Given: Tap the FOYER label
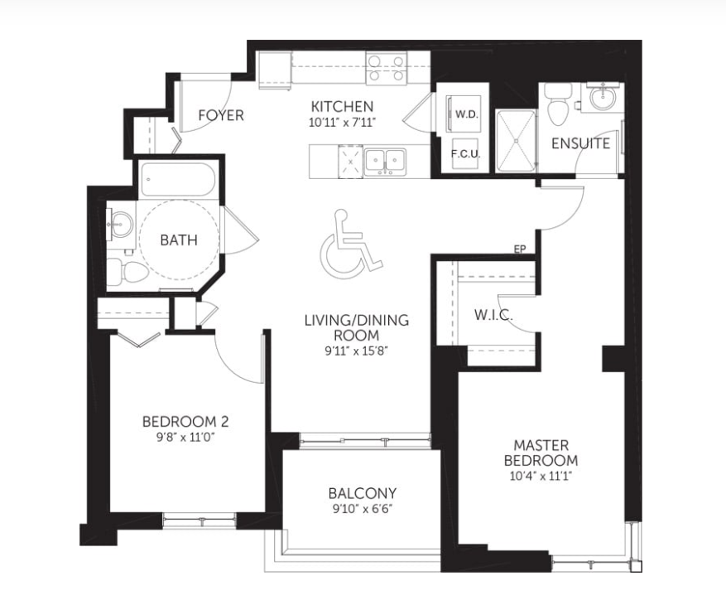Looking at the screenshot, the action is pyautogui.click(x=221, y=115).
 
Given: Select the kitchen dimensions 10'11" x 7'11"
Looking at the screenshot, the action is pyautogui.click(x=342, y=123).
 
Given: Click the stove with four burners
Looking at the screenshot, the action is pyautogui.click(x=386, y=69).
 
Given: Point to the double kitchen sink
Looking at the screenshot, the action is pyautogui.click(x=385, y=161).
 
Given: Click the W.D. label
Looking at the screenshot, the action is pyautogui.click(x=466, y=114).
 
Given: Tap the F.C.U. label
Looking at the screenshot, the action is pyautogui.click(x=466, y=154).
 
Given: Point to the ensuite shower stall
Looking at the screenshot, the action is pyautogui.click(x=516, y=141).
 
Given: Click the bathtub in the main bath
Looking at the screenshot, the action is pyautogui.click(x=178, y=179).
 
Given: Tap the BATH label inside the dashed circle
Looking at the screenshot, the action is pyautogui.click(x=179, y=240).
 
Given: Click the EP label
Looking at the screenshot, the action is pyautogui.click(x=520, y=249).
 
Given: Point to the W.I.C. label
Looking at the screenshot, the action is pyautogui.click(x=493, y=315).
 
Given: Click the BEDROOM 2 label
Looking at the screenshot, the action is pyautogui.click(x=185, y=422).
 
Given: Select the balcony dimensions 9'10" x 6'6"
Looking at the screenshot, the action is pyautogui.click(x=363, y=509).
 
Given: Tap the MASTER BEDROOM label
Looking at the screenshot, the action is pyautogui.click(x=541, y=453).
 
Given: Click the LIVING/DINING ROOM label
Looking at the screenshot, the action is pyautogui.click(x=357, y=328).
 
